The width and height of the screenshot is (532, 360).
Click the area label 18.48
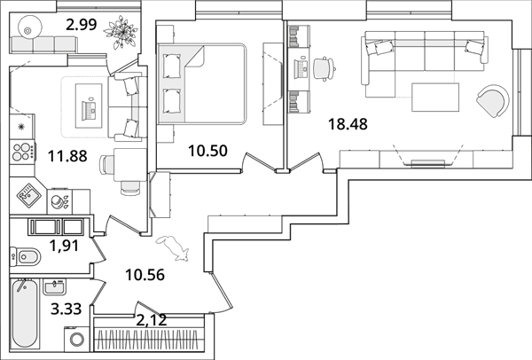tap(348, 124)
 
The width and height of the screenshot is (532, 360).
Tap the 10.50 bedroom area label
tap(207, 151)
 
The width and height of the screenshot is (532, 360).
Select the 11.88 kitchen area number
tap(67, 156)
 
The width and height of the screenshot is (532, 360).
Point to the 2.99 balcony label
tap(82, 25)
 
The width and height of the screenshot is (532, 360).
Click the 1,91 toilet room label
tap(64, 246)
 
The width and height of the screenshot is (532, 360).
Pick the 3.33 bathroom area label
tap(66, 309)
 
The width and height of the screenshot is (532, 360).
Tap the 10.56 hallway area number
tap(145, 275)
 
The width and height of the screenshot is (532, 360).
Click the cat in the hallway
tap(173, 248)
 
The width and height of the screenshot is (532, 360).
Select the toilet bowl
tap(26, 256)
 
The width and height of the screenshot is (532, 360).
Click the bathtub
tap(25, 313)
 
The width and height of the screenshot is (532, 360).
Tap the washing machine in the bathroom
tap(77, 339)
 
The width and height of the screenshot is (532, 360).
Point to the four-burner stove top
tap(22, 152)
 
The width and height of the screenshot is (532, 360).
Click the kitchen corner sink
tap(28, 195)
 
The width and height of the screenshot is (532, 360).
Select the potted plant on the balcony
tap(121, 32)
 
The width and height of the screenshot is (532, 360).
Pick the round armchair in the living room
tap(493, 101)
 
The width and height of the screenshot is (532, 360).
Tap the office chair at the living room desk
tap(324, 69)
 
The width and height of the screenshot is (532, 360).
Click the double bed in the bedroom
tap(202, 84)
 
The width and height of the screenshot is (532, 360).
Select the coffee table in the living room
tap(435, 97)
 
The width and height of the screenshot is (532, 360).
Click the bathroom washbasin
tap(54, 287)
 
